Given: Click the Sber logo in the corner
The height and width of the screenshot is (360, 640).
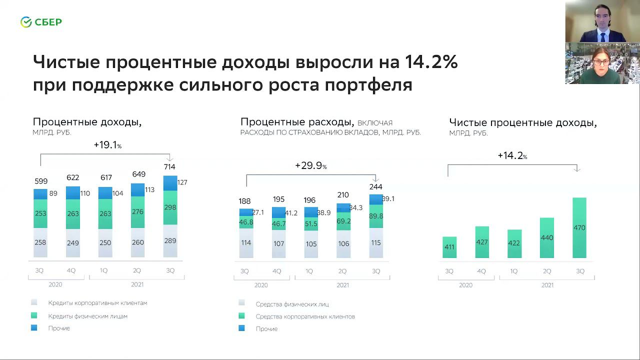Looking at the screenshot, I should tap(41, 22).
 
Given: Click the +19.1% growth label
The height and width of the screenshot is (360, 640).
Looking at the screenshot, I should tap(107, 145).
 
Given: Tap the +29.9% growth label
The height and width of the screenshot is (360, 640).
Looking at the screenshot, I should tap(310, 165).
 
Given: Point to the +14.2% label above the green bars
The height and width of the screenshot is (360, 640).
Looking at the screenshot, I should tap(512, 155).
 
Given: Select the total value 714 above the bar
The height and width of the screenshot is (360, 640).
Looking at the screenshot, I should tap(169, 166).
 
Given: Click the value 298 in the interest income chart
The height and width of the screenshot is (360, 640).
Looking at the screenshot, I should tap(170, 207).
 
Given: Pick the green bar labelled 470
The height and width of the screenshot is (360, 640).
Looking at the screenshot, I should tap(579, 227).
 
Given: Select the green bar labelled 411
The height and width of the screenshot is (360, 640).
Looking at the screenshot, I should tap(449, 247).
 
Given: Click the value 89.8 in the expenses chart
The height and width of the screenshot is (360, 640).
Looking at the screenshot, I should tap(376, 216).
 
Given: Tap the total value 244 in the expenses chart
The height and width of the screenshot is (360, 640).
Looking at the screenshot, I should tap(375, 186).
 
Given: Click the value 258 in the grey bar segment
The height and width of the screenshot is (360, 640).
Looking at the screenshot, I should tap(40, 242).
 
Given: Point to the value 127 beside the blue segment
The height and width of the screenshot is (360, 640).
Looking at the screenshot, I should tap(182, 182).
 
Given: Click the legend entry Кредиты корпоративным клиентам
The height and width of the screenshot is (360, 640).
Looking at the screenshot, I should tap(97, 302).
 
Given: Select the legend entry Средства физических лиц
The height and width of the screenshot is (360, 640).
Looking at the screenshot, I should tap(292, 304).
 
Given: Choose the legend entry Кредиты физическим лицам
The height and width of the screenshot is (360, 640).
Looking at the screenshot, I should tap(87, 316).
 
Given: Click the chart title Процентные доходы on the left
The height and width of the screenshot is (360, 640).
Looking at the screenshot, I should tap(87, 122).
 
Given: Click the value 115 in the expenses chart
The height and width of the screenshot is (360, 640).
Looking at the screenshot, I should tap(376, 242).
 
